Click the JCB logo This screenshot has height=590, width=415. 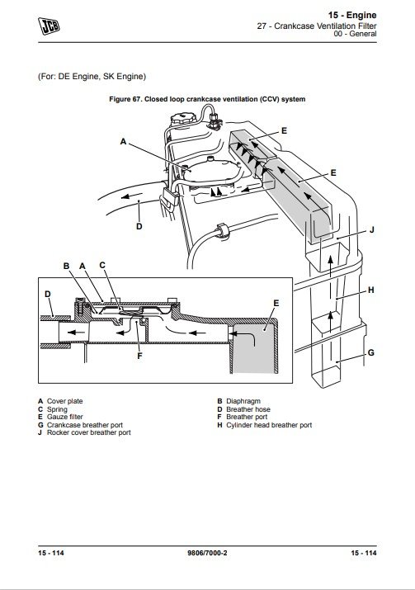tap(49, 26)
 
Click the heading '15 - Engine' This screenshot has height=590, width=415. tap(352, 15)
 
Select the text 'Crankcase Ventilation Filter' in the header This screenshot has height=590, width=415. tap(325, 26)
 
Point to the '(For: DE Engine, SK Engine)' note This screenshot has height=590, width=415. tap(92, 77)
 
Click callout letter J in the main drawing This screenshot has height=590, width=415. tap(372, 229)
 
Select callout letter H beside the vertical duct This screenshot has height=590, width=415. tap(371, 290)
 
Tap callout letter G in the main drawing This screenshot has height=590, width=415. tap(371, 352)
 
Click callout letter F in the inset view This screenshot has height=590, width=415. tap(139, 356)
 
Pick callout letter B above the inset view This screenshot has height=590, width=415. tap(66, 266)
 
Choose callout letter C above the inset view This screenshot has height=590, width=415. tap(102, 265)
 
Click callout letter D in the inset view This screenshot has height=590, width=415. tap(47, 294)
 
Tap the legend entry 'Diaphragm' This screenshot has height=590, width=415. tap(243, 401)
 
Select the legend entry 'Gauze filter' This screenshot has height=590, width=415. tap(64, 417)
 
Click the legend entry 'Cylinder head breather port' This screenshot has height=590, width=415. tap(269, 425)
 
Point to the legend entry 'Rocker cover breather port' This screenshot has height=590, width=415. tap(89, 432)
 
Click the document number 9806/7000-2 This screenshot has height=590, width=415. tap(207, 553)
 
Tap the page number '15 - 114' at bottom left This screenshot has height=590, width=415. tap(51, 553)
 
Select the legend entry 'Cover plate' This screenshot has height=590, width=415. tap(64, 401)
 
